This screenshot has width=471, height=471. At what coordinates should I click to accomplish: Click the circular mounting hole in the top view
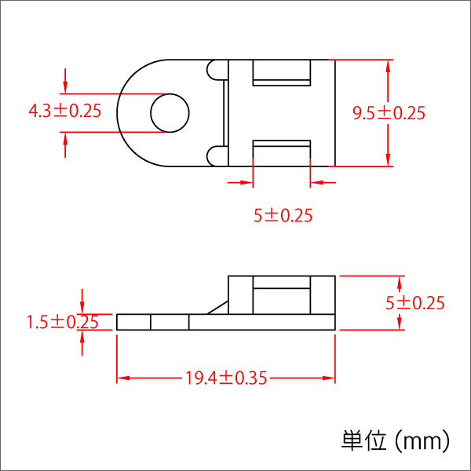tap(170, 112)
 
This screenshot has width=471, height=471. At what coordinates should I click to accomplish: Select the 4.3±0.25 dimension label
tap(64, 111)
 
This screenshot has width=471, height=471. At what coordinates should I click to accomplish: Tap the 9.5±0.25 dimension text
tap(389, 114)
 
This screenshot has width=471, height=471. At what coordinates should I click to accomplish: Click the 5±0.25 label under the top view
tap(283, 215)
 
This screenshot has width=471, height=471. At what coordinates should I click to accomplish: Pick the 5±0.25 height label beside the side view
tap(415, 303)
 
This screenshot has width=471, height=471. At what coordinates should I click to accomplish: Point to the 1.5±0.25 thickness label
tap(62, 322)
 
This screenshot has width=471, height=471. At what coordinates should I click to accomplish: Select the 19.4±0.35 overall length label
tap(226, 378)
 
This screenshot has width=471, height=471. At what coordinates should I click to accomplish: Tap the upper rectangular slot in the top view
tap(281, 73)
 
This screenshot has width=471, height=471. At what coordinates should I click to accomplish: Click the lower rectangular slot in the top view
tap(281, 152)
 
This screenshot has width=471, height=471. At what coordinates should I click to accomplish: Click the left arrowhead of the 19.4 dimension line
tap(122, 378)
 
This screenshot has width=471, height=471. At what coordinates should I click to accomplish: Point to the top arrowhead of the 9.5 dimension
tap(389, 65)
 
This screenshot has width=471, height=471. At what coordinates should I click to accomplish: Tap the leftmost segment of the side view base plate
tap(133, 322)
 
